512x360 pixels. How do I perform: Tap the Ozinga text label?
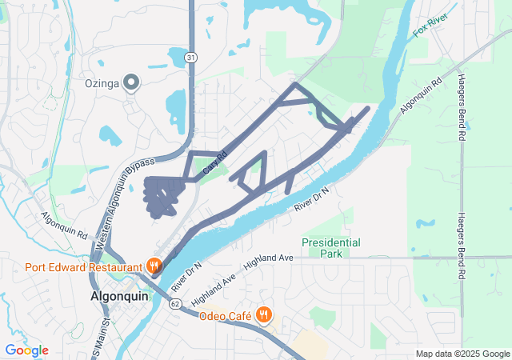click(x=102, y=82)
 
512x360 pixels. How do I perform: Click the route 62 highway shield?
click(x=175, y=302)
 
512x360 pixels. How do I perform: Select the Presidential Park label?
click(x=330, y=247)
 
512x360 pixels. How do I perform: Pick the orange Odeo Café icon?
click(x=262, y=315)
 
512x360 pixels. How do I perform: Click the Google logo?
click(x=26, y=350)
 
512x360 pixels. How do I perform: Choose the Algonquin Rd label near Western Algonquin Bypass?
click(x=64, y=226)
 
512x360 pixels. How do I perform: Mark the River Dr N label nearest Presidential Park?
click(x=311, y=197)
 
